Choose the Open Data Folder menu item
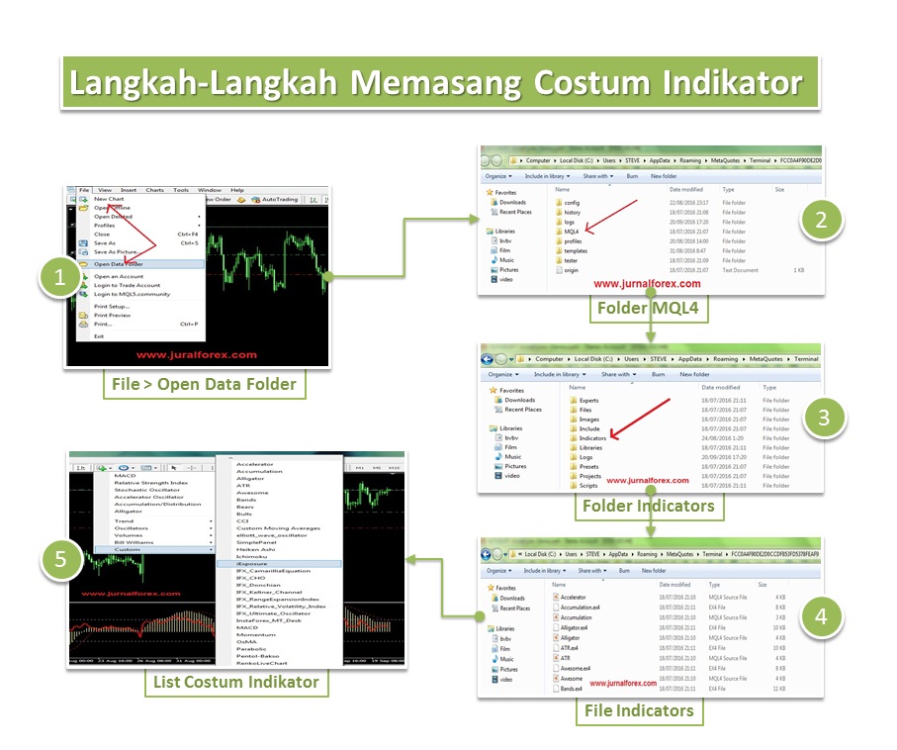(x=118, y=264)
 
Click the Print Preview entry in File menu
(x=112, y=315)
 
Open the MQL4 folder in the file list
(x=572, y=231)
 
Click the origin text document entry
(x=573, y=269)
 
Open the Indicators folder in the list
(x=592, y=437)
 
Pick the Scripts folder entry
(x=588, y=485)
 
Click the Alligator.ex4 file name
(x=576, y=627)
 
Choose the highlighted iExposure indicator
(x=252, y=563)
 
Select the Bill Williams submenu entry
(x=134, y=542)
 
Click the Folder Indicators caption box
(x=648, y=506)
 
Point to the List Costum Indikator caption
(x=235, y=681)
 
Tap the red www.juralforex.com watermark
(x=196, y=354)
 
